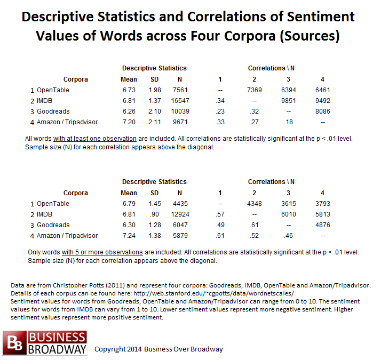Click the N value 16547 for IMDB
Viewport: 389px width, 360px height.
tap(180, 101)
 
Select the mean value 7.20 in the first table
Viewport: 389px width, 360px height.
tap(129, 122)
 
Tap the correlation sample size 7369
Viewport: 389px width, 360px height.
tap(255, 90)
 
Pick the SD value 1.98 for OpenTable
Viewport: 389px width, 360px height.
tap(155, 90)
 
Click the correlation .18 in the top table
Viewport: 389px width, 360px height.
tap(288, 122)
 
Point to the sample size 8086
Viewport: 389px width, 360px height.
tap(322, 111)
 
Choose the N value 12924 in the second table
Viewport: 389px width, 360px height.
tap(180, 214)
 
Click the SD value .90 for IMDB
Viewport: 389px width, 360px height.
tap(154, 214)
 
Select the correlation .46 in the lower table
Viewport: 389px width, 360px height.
tap(288, 236)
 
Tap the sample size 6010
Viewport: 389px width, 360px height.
tap(289, 214)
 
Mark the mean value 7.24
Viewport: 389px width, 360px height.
tap(129, 236)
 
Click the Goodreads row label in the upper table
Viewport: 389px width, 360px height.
tap(53, 111)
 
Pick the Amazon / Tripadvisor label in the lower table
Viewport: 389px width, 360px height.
tap(67, 236)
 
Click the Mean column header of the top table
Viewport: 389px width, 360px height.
tap(129, 79)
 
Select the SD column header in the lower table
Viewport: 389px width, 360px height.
tap(154, 193)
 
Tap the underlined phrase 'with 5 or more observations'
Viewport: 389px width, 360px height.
tap(102, 252)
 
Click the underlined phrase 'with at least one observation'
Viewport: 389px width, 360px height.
tap(95, 139)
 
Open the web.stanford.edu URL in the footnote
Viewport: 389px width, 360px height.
tap(213, 293)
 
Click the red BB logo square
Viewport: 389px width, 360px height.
tap(14, 342)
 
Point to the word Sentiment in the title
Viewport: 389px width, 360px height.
tap(321, 17)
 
